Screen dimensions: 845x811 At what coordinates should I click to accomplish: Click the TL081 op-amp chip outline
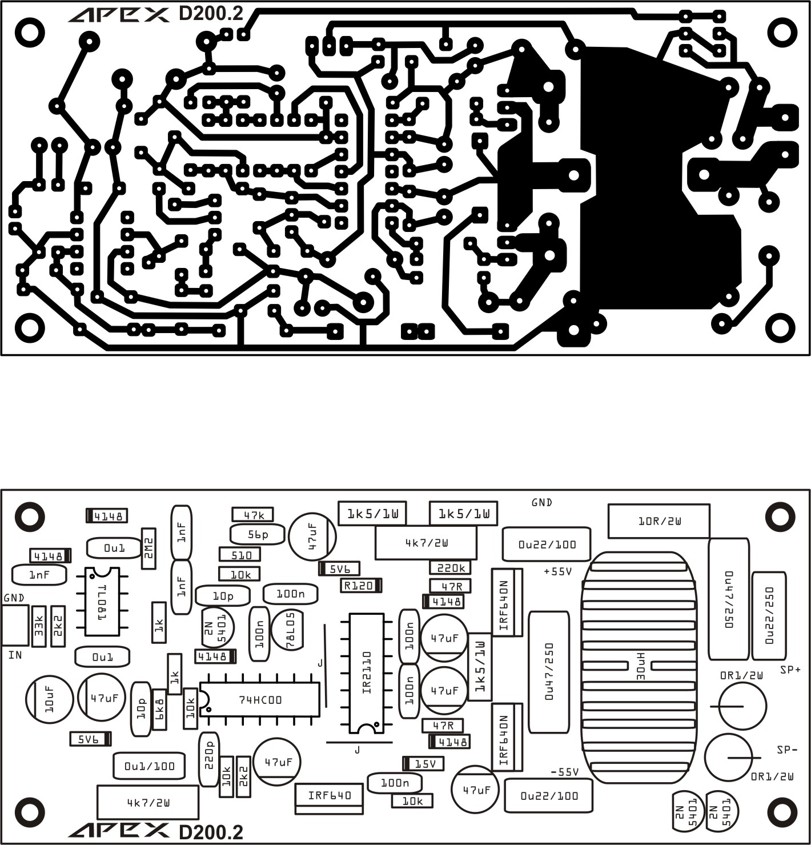pyautogui.click(x=103, y=602)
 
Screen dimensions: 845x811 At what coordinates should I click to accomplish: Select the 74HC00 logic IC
pyautogui.click(x=260, y=699)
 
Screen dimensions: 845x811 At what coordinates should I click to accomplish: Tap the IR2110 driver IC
pyautogui.click(x=367, y=672)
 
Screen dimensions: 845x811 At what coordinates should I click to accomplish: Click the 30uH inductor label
pyautogui.click(x=640, y=667)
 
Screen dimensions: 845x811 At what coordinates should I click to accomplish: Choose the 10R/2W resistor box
pyautogui.click(x=659, y=521)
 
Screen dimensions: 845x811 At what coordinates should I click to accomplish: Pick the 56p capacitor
pyautogui.click(x=258, y=534)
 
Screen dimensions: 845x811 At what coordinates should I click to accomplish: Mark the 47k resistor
pyautogui.click(x=253, y=515)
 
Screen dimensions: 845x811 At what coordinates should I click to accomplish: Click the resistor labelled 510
pyautogui.click(x=240, y=554)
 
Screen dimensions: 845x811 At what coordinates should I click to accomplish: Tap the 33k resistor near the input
pyautogui.click(x=39, y=626)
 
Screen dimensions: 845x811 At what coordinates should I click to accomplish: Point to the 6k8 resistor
pyautogui.click(x=159, y=709)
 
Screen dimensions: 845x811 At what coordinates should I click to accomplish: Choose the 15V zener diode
pyautogui.click(x=423, y=763)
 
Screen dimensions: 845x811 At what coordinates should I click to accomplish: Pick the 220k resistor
pyautogui.click(x=450, y=567)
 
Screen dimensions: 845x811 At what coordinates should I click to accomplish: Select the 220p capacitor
pyautogui.click(x=208, y=758)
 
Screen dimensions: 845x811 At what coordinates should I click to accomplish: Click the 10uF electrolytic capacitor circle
pyautogui.click(x=49, y=699)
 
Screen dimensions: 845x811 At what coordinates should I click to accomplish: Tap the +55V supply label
pyautogui.click(x=557, y=571)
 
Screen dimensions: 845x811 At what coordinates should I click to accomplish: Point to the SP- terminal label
pyautogui.click(x=786, y=749)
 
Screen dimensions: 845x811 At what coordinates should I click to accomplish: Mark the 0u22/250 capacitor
pyautogui.click(x=769, y=615)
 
